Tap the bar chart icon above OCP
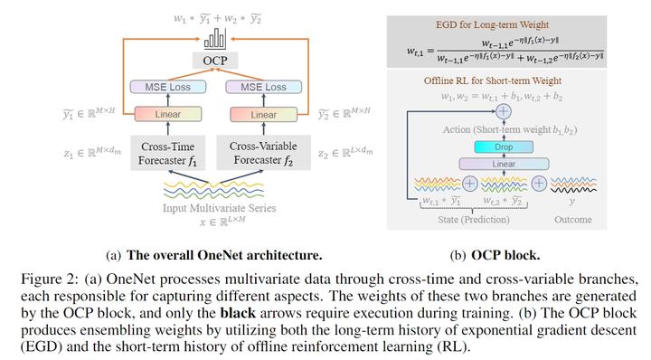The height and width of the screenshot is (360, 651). click(215, 39)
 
